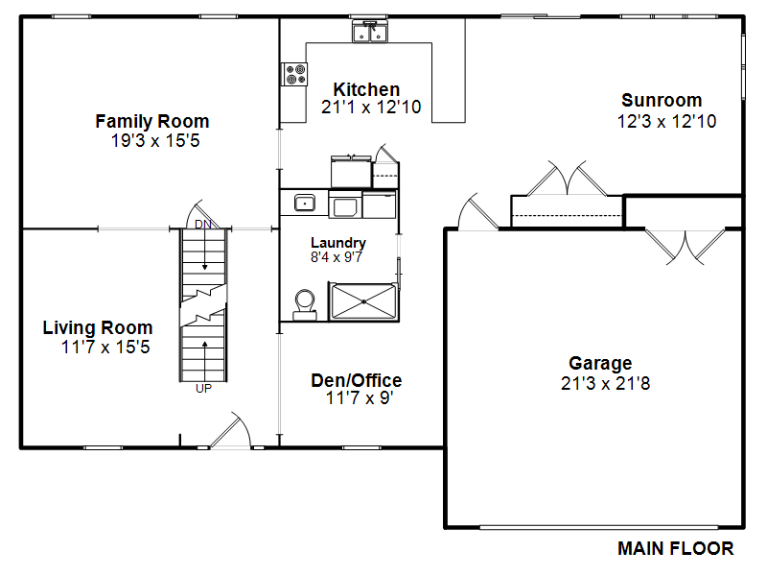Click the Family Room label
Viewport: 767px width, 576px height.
pyautogui.click(x=152, y=121)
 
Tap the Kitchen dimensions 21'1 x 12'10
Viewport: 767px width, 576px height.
pyautogui.click(x=371, y=107)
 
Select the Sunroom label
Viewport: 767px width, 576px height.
pyautogui.click(x=662, y=100)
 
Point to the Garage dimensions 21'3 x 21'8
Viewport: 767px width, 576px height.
pyautogui.click(x=606, y=383)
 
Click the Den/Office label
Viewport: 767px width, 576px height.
pyautogui.click(x=357, y=380)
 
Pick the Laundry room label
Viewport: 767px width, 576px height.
pyautogui.click(x=338, y=243)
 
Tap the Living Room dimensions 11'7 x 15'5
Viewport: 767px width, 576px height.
pyautogui.click(x=105, y=347)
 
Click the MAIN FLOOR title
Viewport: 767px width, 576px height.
pyautogui.click(x=676, y=548)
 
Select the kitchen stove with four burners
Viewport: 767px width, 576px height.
pyautogui.click(x=294, y=75)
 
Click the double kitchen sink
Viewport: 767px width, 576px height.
pyautogui.click(x=370, y=32)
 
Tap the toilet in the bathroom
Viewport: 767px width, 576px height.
pyautogui.click(x=304, y=305)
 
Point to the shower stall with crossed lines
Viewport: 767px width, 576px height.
pyautogui.click(x=363, y=301)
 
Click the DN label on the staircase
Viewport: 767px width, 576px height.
pyautogui.click(x=203, y=225)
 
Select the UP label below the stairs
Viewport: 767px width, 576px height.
pyautogui.click(x=203, y=389)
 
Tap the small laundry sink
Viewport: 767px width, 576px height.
pyautogui.click(x=304, y=203)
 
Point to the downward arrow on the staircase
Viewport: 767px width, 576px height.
pyautogui.click(x=205, y=250)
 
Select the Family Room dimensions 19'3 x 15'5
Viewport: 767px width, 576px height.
pyautogui.click(x=155, y=140)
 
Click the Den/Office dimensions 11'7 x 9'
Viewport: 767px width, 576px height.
pyautogui.click(x=360, y=397)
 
